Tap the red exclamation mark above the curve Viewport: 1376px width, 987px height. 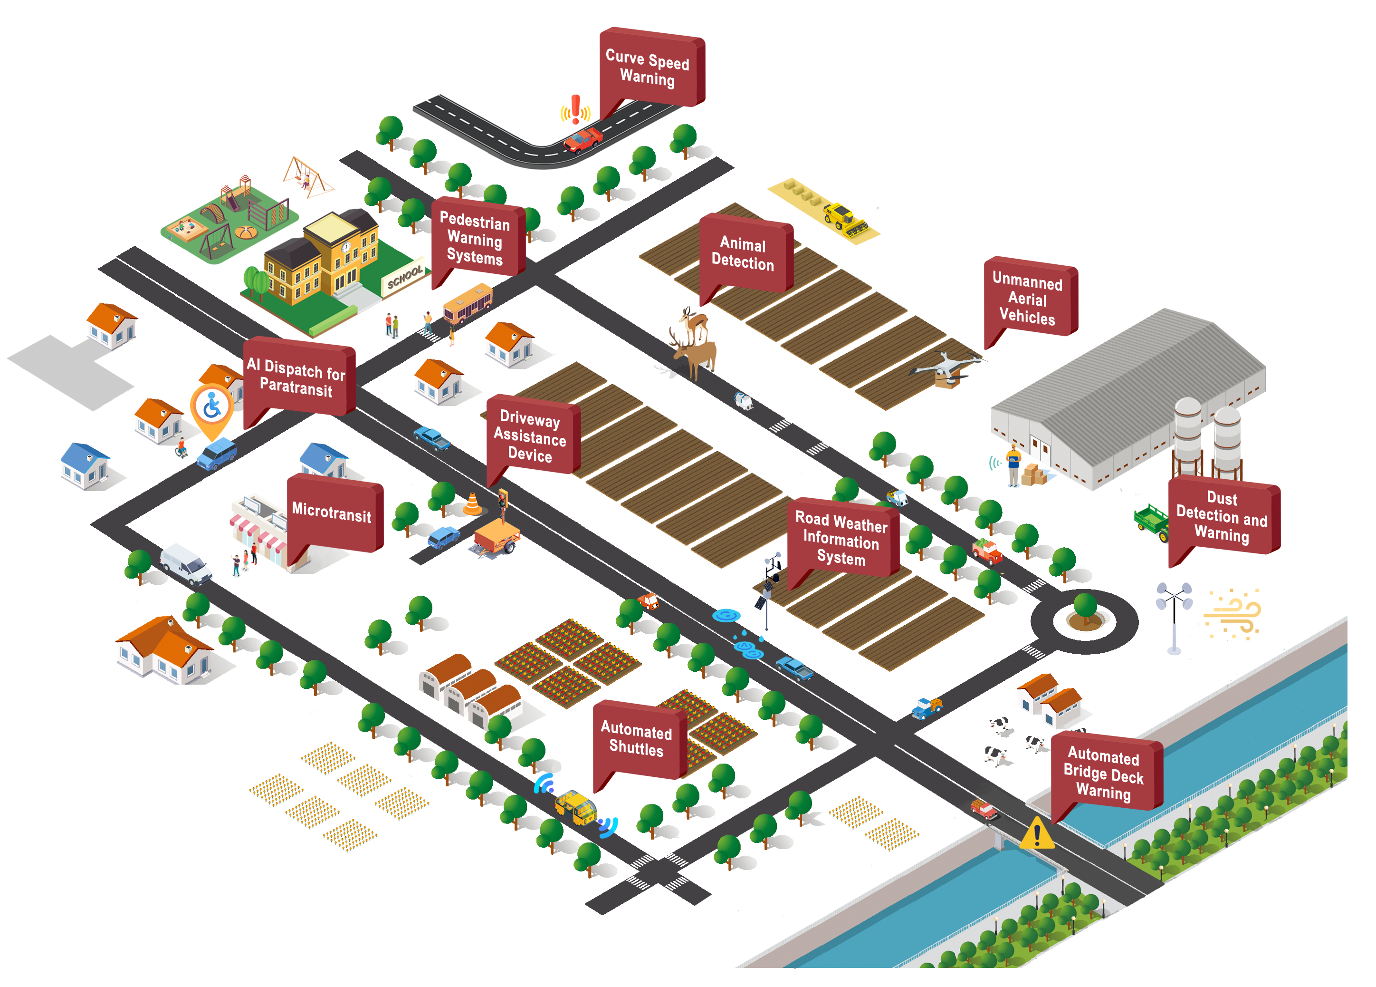click(x=575, y=110)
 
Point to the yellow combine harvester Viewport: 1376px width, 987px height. click(x=845, y=219)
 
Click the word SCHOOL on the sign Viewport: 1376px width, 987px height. click(x=405, y=277)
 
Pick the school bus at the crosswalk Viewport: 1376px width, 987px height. click(x=467, y=302)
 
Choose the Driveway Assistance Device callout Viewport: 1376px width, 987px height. click(x=530, y=436)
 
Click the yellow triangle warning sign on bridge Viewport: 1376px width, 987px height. click(x=1036, y=833)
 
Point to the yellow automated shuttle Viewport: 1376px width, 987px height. click(x=575, y=807)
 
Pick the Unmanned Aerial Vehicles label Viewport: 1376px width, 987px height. click(x=1027, y=299)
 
